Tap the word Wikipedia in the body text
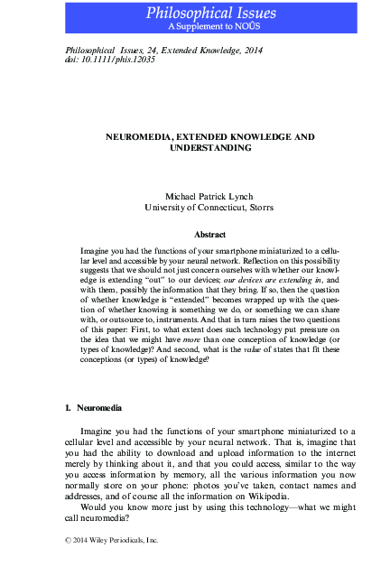(x=262, y=496)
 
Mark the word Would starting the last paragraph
(x=96, y=506)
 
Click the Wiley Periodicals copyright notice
(x=107, y=540)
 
